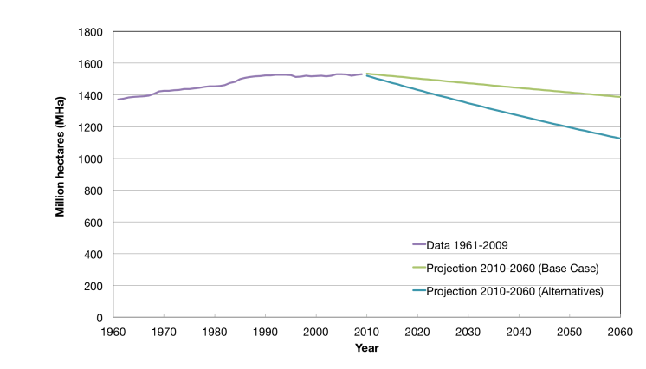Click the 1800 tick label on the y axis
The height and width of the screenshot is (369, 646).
[x=92, y=32]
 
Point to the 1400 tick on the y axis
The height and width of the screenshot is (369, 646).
[x=92, y=95]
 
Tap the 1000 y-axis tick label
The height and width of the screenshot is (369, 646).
[x=92, y=159]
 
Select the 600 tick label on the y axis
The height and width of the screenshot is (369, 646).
[x=94, y=223]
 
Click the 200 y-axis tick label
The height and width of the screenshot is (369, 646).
[x=94, y=286]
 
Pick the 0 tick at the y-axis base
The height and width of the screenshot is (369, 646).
[x=100, y=318]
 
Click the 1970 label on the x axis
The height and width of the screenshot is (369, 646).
[x=163, y=332]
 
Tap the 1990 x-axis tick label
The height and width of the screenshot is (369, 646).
[x=265, y=332]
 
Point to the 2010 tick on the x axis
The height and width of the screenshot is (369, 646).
[x=367, y=332]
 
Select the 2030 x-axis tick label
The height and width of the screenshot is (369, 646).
[x=468, y=332]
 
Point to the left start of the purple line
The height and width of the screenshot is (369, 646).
[x=119, y=100]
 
